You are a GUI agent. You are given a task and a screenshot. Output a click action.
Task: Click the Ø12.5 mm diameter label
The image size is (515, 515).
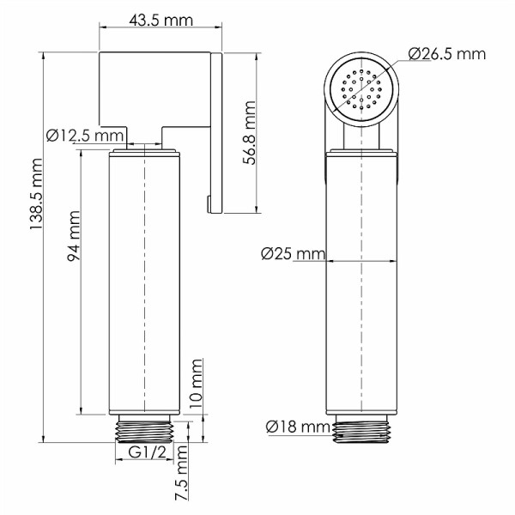pyautogui.click(x=85, y=135)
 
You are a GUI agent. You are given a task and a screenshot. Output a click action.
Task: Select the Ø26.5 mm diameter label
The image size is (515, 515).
pyautogui.click(x=446, y=54)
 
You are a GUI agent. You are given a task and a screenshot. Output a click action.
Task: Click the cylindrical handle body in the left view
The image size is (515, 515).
pyautogui.click(x=146, y=283)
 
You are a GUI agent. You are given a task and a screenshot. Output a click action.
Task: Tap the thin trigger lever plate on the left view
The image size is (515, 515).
pyautogui.click(x=217, y=129)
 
